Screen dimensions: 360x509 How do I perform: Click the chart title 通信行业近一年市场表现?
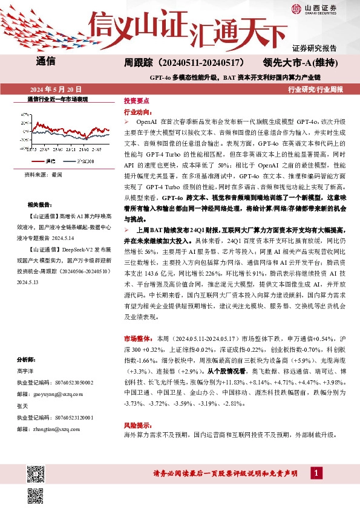[57, 98]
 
